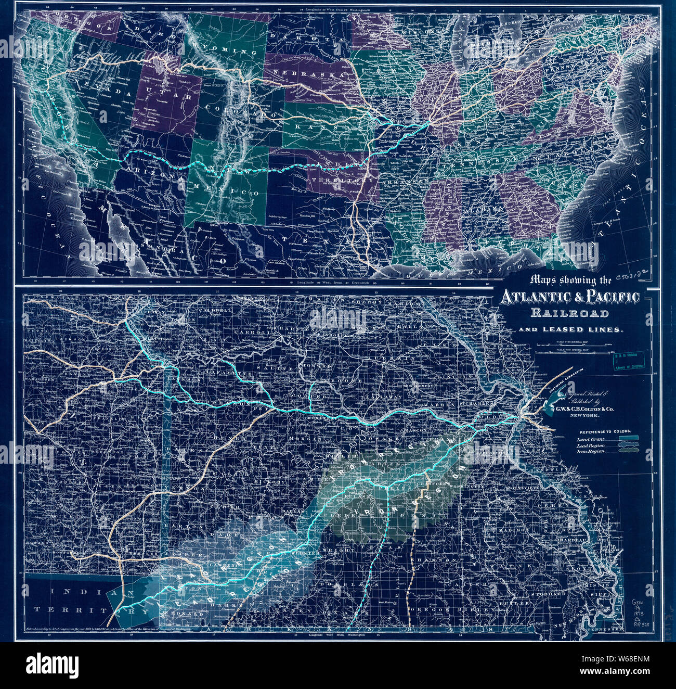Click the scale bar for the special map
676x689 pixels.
click(569, 355)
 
